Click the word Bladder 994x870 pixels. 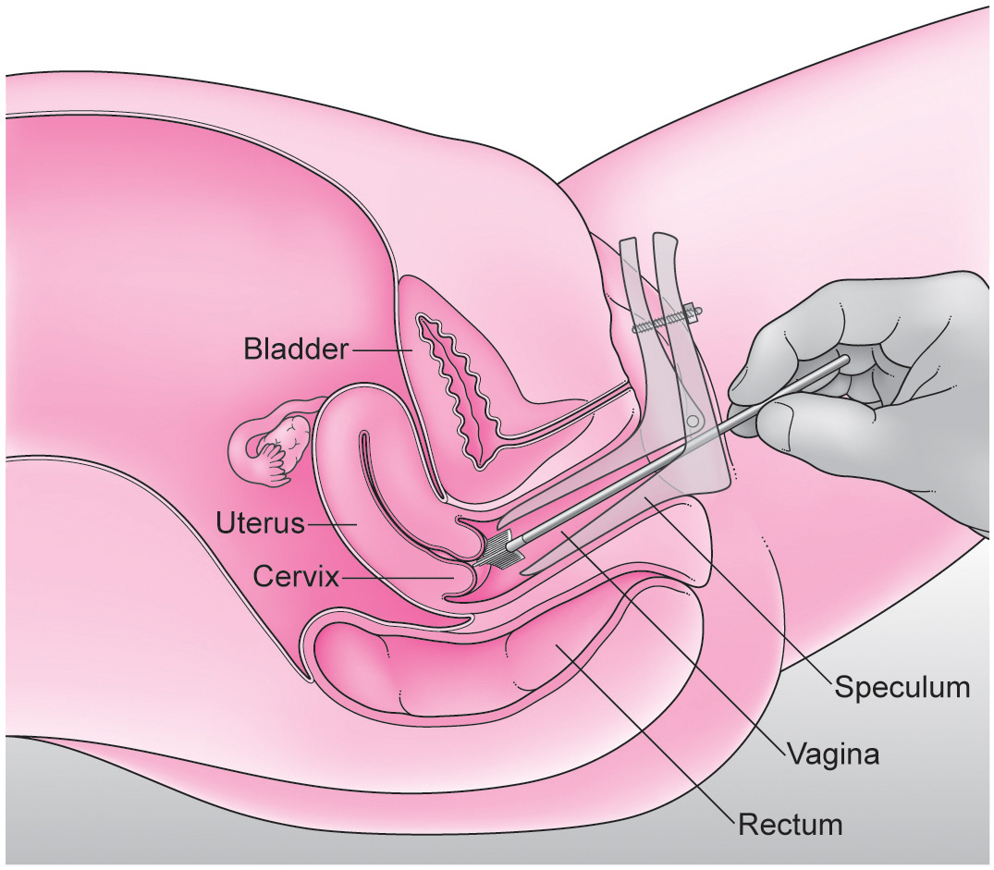(296, 349)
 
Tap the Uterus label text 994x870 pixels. (261, 524)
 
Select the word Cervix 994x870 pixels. (296, 577)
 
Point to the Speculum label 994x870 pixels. (902, 688)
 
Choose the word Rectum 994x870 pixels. (790, 823)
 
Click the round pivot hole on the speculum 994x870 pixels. (692, 422)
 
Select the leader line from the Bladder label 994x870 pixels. (380, 349)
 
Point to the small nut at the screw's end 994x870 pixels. (696, 311)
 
